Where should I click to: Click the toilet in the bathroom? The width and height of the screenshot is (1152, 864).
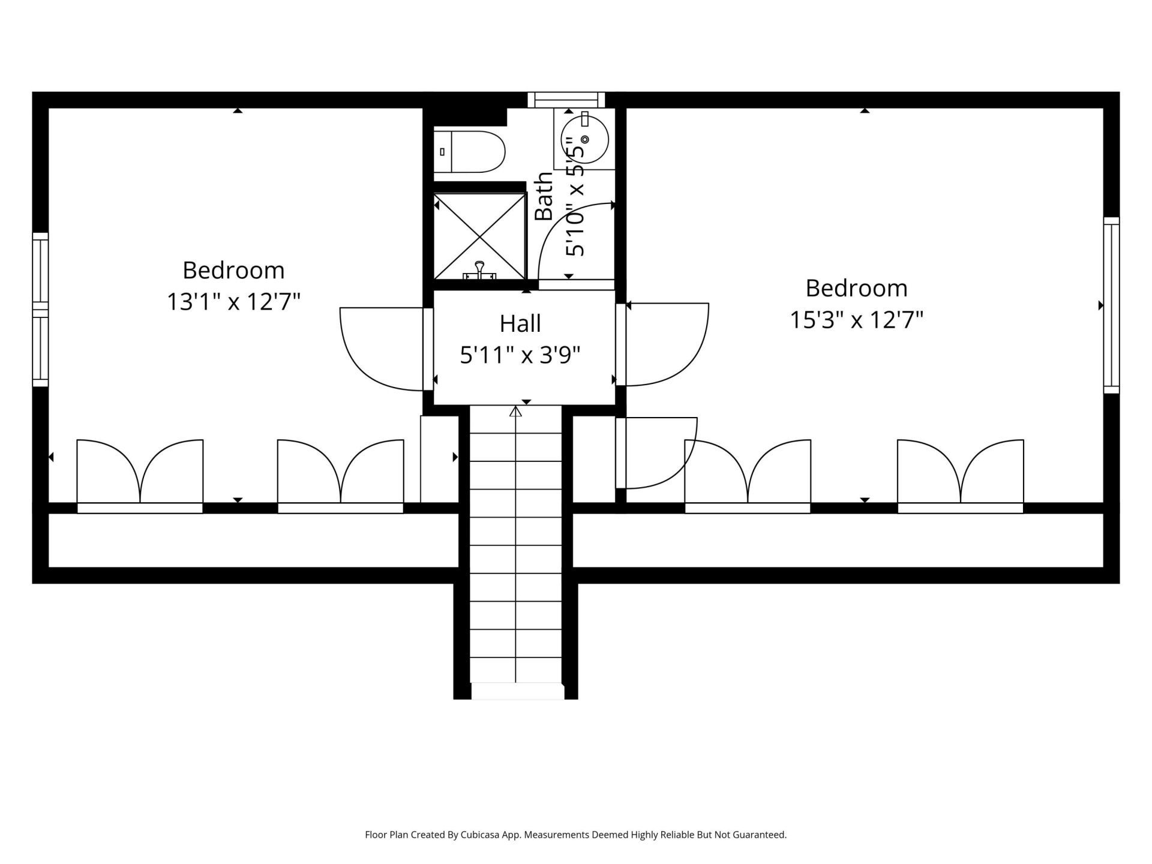point(470,152)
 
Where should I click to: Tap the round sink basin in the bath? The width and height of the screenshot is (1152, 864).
point(584,139)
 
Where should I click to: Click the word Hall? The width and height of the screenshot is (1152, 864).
point(520,324)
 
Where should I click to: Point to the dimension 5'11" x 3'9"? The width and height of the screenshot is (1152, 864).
point(520,356)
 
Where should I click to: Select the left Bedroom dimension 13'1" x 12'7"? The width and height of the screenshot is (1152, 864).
point(233,301)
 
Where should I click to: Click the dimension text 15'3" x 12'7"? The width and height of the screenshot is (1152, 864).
point(856,320)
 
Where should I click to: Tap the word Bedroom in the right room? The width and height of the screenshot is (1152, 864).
point(856,289)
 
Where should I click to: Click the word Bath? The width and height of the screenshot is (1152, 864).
point(544,196)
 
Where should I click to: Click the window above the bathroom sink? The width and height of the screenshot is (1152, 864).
point(566,100)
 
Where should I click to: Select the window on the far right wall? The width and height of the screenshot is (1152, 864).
point(1111,305)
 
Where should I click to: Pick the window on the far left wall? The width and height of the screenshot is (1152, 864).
point(40,309)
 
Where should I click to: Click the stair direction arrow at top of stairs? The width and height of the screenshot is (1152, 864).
point(515,412)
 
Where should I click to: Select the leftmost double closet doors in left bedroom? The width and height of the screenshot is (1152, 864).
point(140,474)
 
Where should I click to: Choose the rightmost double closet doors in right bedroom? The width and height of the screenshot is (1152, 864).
point(960,474)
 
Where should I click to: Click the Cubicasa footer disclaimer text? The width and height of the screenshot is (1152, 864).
point(575,835)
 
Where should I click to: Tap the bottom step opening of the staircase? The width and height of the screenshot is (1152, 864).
point(517,691)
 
